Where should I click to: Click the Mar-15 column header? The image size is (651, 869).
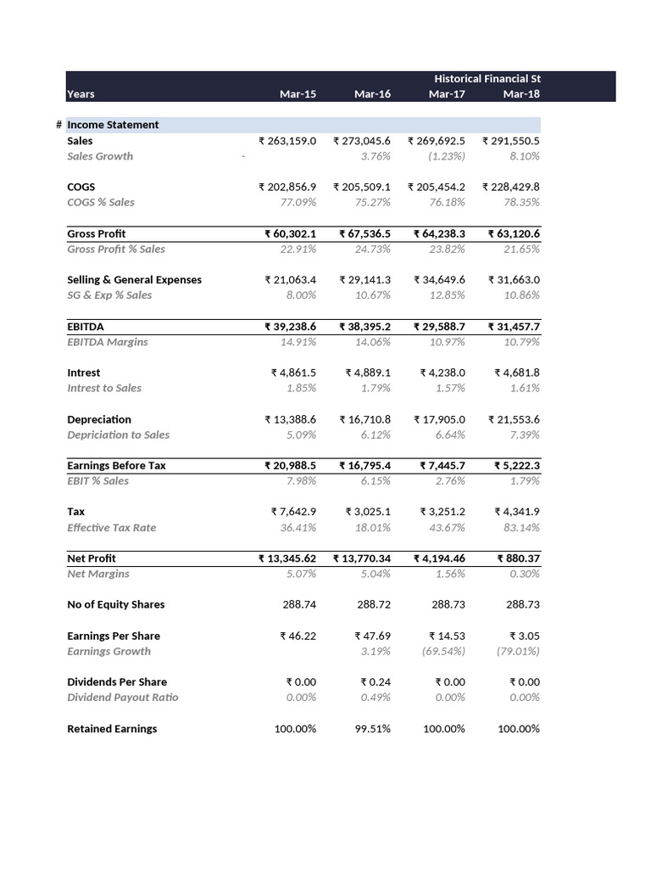[298, 94]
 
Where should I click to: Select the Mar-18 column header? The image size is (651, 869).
[521, 94]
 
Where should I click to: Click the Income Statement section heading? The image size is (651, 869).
[113, 125]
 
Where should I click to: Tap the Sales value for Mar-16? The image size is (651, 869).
[362, 141]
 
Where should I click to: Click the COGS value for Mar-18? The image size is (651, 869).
[511, 187]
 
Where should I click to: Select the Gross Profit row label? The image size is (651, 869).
[97, 233]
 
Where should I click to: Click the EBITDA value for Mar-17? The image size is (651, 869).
[439, 326]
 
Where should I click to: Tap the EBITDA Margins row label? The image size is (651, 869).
[107, 341]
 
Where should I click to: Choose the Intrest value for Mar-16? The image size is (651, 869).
[368, 373]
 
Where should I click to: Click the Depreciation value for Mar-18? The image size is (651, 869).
[514, 419]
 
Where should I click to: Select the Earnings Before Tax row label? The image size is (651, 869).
[116, 465]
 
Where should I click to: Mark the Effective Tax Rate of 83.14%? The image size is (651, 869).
[522, 527]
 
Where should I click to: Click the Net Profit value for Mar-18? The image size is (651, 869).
[518, 558]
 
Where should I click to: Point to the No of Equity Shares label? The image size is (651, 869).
[115, 604]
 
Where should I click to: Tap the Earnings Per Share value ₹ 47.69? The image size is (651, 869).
[372, 636]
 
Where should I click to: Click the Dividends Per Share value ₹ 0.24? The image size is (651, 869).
[376, 681]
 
